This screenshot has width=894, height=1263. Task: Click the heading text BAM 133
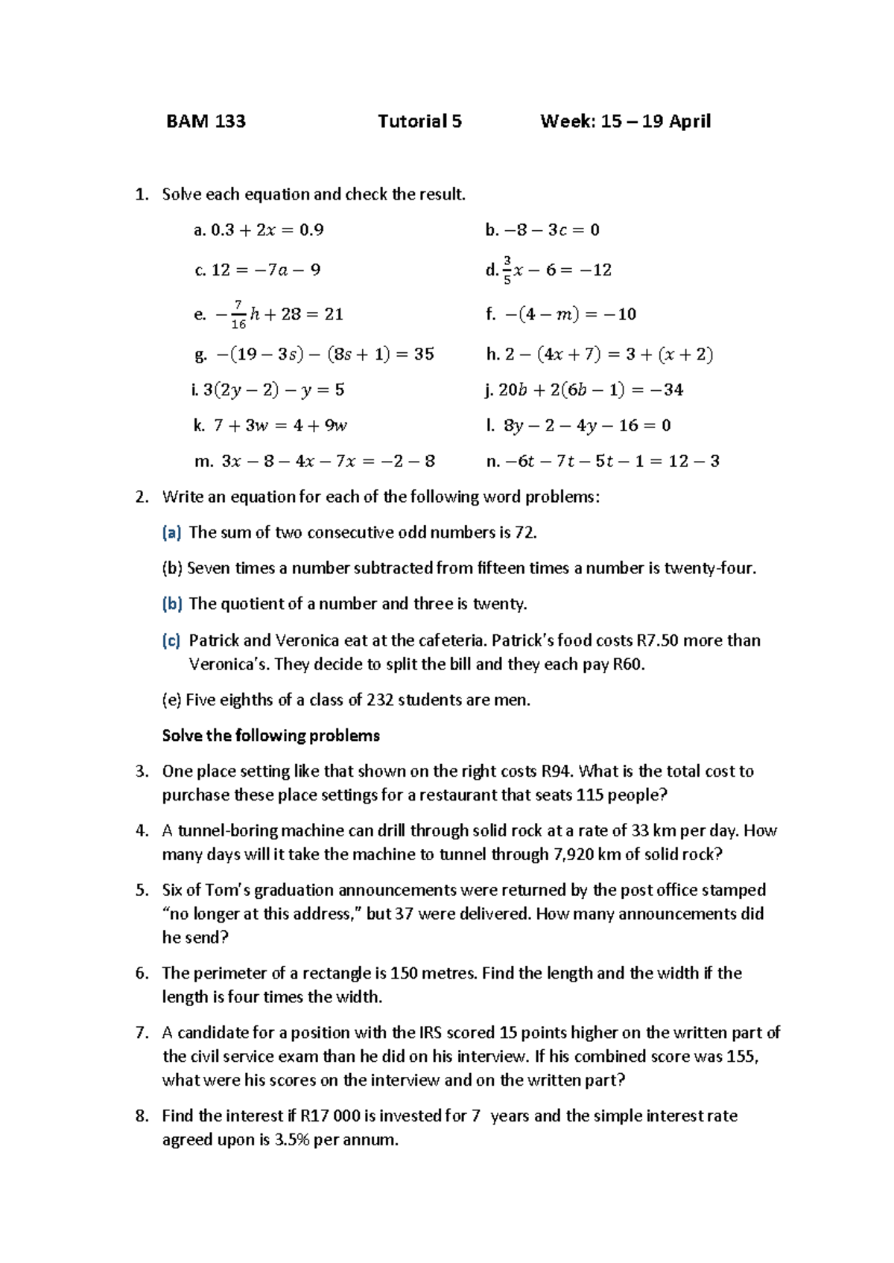coord(206,121)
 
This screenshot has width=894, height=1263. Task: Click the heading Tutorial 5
coord(419,121)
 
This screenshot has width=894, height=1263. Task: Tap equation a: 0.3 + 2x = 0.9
coord(259,230)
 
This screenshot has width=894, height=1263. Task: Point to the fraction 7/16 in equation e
coord(238,314)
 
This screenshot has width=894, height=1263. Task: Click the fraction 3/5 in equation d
coord(507,270)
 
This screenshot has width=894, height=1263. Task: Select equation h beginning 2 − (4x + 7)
coord(600,354)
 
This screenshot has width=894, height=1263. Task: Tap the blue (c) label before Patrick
coord(171,640)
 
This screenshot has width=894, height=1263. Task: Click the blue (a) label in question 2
coord(171,532)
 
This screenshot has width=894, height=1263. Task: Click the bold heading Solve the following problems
coord(270,736)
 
